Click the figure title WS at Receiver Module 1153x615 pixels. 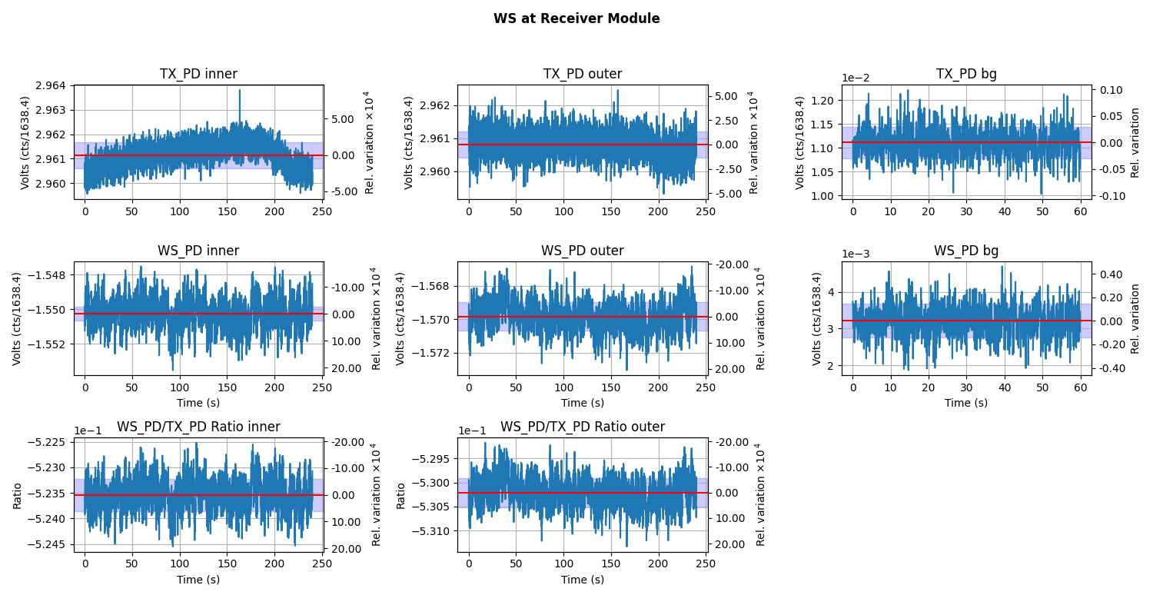pos(576,18)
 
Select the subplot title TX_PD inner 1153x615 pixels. pos(198,75)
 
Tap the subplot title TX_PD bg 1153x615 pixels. pos(966,75)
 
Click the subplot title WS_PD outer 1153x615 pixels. pos(582,251)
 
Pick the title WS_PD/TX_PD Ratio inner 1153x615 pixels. pos(198,427)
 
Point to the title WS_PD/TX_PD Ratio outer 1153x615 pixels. pos(582,427)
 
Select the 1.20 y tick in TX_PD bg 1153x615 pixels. pos(819,101)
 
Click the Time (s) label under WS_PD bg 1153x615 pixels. pos(966,403)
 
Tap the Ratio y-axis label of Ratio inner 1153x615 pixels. pos(17,495)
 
